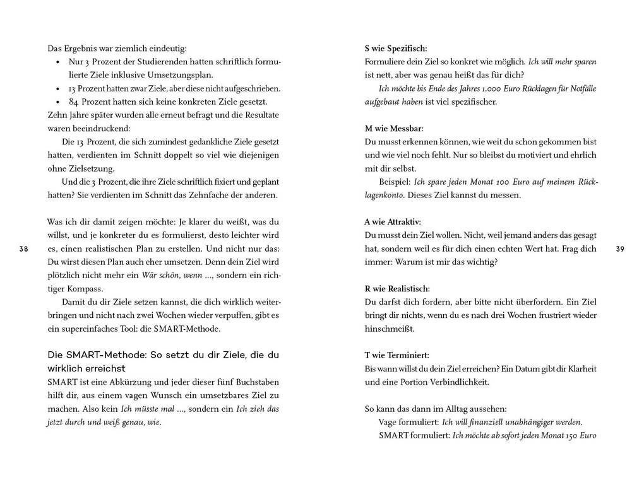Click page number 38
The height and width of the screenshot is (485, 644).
click(23, 249)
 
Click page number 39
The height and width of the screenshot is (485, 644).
click(619, 249)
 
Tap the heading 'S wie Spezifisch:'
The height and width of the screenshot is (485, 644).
click(396, 48)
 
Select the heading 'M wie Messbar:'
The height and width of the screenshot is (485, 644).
click(394, 128)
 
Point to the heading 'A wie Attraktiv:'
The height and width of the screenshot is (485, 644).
click(393, 221)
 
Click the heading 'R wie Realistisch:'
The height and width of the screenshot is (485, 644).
click(397, 288)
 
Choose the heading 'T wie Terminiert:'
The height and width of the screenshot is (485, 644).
click(397, 355)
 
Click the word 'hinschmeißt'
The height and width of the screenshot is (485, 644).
click(389, 329)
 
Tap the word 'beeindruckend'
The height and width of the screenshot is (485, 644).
click(101, 128)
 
